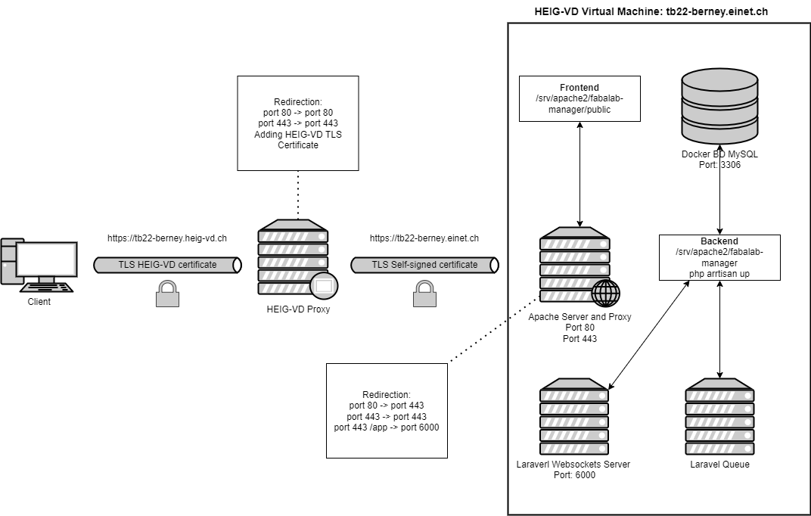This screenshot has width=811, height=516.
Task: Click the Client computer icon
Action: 39,265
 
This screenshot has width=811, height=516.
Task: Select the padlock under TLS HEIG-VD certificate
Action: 167,293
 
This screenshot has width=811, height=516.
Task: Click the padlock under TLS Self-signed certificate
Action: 424,293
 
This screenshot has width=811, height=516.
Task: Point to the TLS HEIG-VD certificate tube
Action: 167,265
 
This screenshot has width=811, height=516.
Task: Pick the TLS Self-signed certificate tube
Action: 424,265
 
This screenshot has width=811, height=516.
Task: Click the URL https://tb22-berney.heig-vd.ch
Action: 167,238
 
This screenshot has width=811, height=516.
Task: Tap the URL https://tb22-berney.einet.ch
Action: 424,238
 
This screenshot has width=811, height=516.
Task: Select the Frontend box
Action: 580,98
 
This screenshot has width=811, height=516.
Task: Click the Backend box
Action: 719,257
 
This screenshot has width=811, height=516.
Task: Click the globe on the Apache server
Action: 605,292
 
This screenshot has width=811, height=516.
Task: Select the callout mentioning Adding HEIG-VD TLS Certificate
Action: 297,123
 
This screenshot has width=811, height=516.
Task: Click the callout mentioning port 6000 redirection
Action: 387,410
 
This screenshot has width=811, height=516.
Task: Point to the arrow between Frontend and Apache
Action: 580,174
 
